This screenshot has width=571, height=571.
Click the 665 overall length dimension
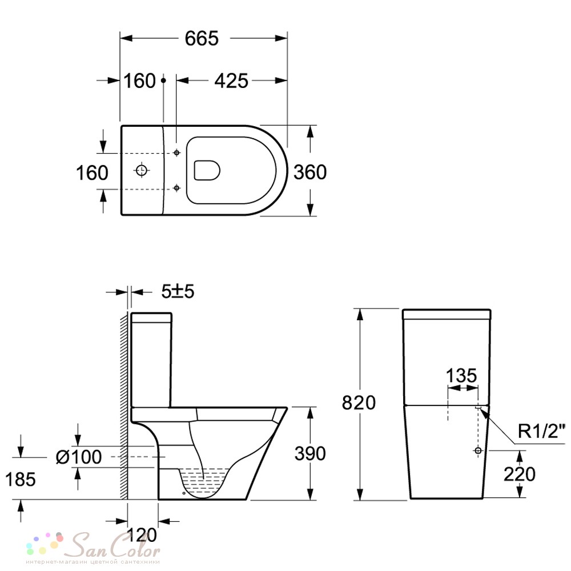pos(202,38)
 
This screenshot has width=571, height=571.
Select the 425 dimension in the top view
pos(231,81)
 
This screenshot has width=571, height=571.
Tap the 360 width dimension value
pos(310,172)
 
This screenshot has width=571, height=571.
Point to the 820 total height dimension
pos(359,403)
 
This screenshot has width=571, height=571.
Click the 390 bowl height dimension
pos(310,454)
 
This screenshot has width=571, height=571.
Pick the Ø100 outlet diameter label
pos(79,457)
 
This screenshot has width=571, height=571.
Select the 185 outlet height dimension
pos(21,479)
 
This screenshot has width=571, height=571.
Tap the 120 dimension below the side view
pos(142,535)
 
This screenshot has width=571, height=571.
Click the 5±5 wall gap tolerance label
pos(178,291)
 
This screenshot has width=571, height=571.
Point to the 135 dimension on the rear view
pos(461,376)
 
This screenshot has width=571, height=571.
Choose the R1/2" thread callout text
pos(541,432)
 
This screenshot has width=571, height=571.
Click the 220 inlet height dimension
pos(519,474)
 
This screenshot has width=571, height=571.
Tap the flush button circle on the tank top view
pos(141,170)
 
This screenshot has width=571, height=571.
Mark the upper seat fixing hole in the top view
pos(176,152)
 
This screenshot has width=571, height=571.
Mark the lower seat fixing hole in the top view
pos(176,188)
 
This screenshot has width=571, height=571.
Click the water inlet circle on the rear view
pos(478,451)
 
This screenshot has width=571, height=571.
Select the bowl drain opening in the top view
pos(207,170)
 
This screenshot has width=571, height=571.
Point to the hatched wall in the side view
pos(124,405)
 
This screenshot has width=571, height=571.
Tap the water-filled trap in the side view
pos(203,481)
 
